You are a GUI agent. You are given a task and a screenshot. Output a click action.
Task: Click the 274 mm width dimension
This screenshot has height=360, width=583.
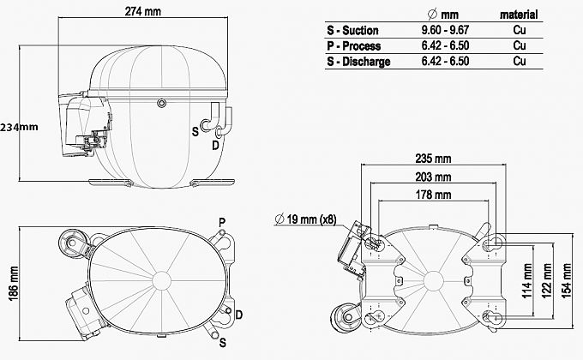(x=143, y=11)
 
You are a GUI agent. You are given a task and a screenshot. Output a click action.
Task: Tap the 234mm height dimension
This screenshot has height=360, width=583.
(x=19, y=127)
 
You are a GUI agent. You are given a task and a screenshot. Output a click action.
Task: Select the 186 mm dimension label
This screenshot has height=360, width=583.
(x=14, y=284)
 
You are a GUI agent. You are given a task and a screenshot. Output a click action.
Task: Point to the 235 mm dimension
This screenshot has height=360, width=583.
(x=433, y=159)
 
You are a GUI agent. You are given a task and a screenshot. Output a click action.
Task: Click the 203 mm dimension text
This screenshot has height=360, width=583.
(x=433, y=177)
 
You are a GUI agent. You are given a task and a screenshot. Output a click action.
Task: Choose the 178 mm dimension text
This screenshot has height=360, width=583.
(x=433, y=195)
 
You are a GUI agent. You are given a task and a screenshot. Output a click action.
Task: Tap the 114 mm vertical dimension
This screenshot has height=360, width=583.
(x=527, y=281)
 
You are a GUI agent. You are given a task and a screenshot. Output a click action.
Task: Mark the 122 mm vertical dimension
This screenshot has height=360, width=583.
(x=546, y=281)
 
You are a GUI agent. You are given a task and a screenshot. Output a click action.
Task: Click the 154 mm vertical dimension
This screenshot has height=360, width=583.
(x=566, y=281)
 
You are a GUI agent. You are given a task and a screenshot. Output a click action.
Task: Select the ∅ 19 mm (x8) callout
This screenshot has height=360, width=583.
(x=305, y=219)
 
